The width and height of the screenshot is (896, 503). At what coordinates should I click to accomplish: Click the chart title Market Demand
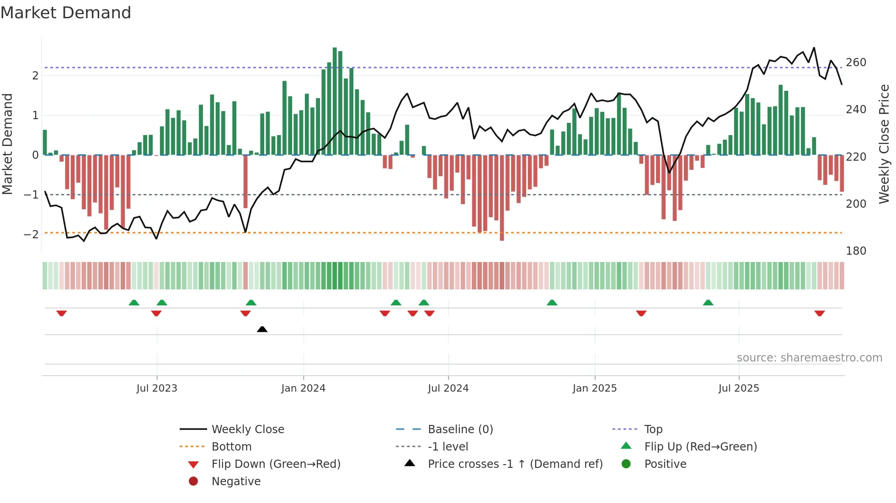pos(66,13)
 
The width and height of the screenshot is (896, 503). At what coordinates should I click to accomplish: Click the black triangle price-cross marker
pos(262,329)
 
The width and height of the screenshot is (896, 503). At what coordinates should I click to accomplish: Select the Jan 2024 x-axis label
pos(303,388)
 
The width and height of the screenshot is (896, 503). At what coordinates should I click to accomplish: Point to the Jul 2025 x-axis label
pos(738,388)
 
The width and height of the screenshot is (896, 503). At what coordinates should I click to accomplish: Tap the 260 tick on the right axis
pos(856,63)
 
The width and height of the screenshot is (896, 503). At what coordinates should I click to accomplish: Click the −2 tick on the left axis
pos(31,235)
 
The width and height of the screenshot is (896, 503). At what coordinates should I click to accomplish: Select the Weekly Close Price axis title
pos(884,144)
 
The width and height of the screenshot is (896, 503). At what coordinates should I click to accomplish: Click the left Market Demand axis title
pos(7,144)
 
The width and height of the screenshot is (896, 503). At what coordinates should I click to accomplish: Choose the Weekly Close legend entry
pos(247,430)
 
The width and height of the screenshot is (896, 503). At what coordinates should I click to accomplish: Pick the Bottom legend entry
pos(231,447)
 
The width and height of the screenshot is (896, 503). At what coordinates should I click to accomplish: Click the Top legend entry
pos(653,430)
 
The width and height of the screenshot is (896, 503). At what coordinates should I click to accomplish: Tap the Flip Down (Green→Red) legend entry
pos(276,464)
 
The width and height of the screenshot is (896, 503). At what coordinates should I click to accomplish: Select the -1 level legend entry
pos(448,447)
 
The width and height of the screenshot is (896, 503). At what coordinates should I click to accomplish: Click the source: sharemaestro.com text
pos(809,358)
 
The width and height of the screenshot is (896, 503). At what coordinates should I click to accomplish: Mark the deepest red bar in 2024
pos(502,197)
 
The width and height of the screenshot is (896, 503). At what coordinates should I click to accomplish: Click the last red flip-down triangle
pos(819,313)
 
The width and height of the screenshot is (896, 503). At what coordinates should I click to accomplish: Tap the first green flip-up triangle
pos(134,303)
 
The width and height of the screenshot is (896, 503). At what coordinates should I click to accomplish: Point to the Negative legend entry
pos(236,482)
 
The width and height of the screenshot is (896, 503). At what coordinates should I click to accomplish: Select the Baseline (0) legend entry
pos(460,430)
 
